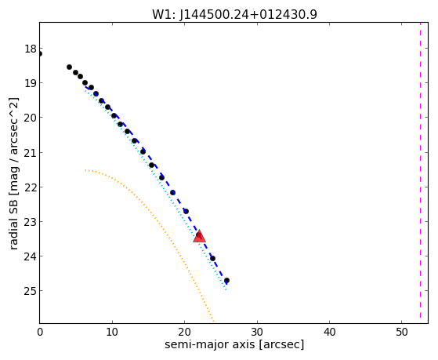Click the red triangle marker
[200, 236]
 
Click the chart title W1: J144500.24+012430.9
[234, 15]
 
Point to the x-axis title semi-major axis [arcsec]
[234, 344]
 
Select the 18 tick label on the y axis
[31, 49]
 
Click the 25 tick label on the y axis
[31, 291]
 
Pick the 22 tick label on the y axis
[31, 187]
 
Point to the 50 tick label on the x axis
[402, 332]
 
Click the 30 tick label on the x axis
[257, 332]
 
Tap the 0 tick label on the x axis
[40, 332]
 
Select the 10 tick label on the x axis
[112, 332]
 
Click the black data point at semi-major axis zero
[40, 53]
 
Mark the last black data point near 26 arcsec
[226, 280]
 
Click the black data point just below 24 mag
[212, 258]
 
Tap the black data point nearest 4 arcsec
[69, 67]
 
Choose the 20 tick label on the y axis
[31, 118]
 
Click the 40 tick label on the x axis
[329, 332]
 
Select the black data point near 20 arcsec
[186, 211]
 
